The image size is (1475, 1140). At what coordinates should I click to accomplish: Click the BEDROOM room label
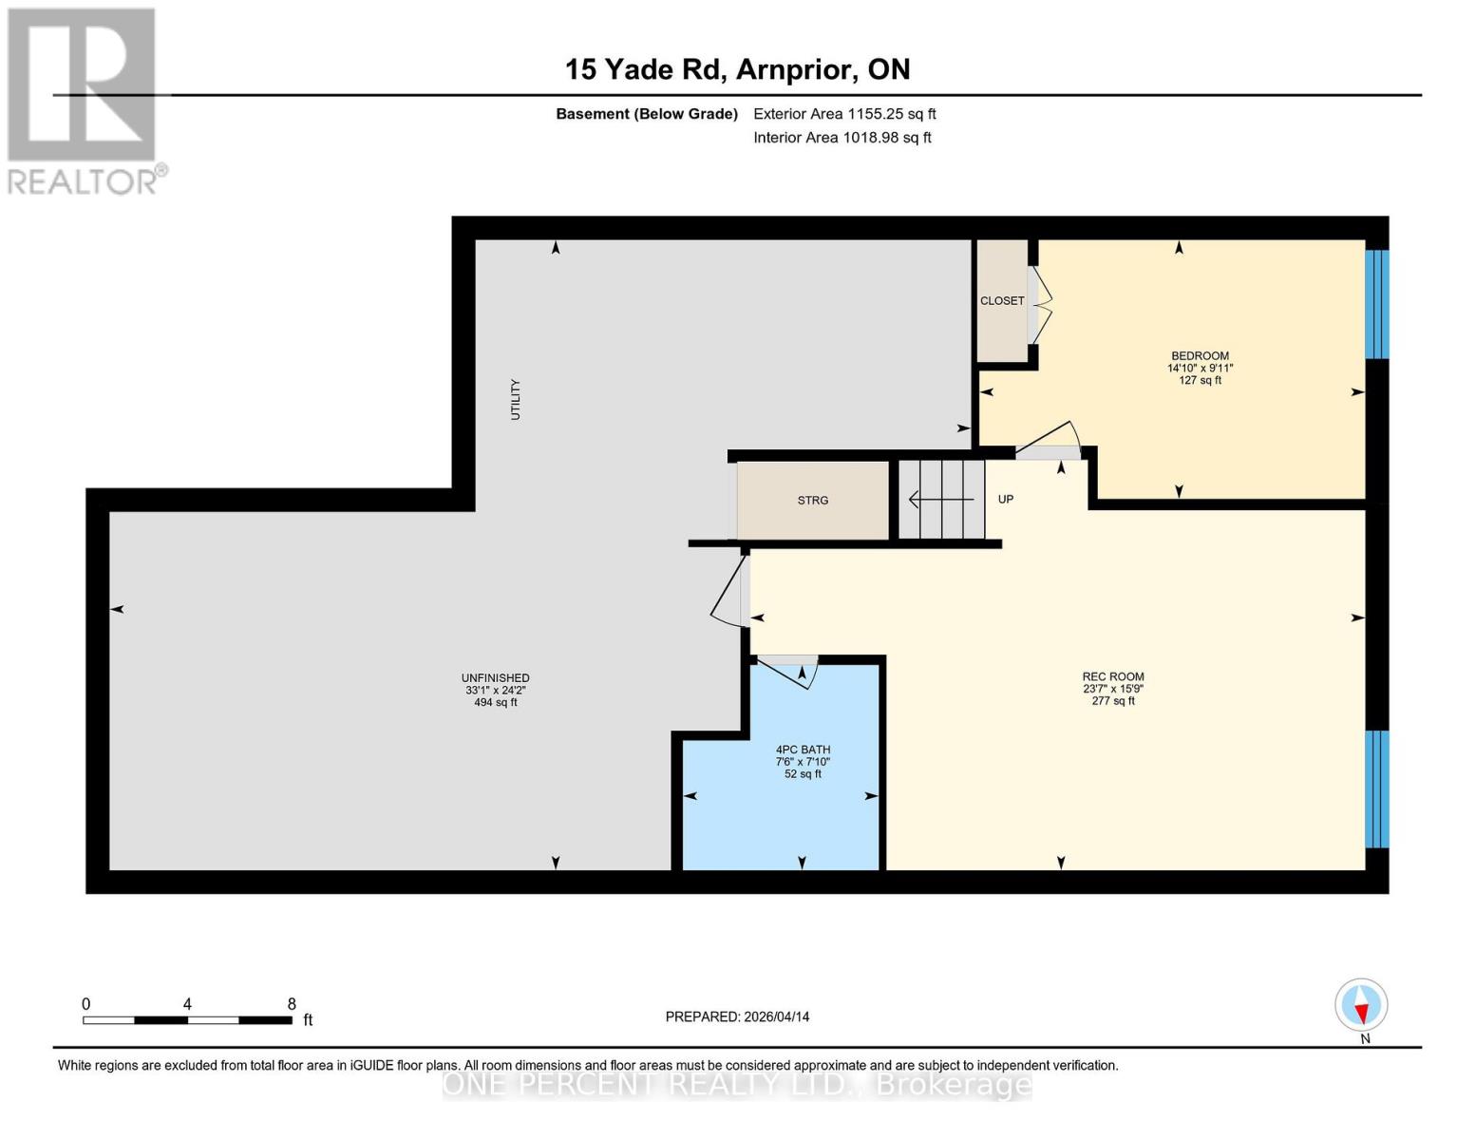coord(1200,355)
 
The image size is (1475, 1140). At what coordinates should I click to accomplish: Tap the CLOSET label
coord(1002,300)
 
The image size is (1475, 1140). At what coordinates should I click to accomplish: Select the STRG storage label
coord(812,500)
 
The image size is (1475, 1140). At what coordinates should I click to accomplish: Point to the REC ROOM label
coord(1112,676)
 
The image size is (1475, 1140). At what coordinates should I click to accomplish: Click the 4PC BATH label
coord(803,750)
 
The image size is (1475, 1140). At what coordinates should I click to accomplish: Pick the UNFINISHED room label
coord(496,677)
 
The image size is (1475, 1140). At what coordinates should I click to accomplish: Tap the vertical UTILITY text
coord(515,399)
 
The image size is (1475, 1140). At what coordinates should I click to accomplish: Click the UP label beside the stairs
coord(1005,499)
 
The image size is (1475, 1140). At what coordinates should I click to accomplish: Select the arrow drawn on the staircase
coord(941,500)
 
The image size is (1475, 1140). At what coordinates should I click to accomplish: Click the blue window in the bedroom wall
coord(1377,304)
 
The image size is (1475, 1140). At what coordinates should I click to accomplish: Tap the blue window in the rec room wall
coord(1377,788)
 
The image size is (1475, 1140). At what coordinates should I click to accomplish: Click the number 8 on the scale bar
coord(292,1003)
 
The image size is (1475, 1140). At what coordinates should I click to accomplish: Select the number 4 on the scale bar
coord(187,1003)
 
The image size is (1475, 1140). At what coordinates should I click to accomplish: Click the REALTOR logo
coord(85,102)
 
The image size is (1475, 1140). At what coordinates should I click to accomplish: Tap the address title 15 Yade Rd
coord(643,69)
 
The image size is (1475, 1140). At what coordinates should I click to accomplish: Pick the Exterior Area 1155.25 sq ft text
coord(844,114)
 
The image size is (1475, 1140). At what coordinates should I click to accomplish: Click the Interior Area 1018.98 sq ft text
coord(842,138)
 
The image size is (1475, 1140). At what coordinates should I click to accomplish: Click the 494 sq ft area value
coord(496,702)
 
